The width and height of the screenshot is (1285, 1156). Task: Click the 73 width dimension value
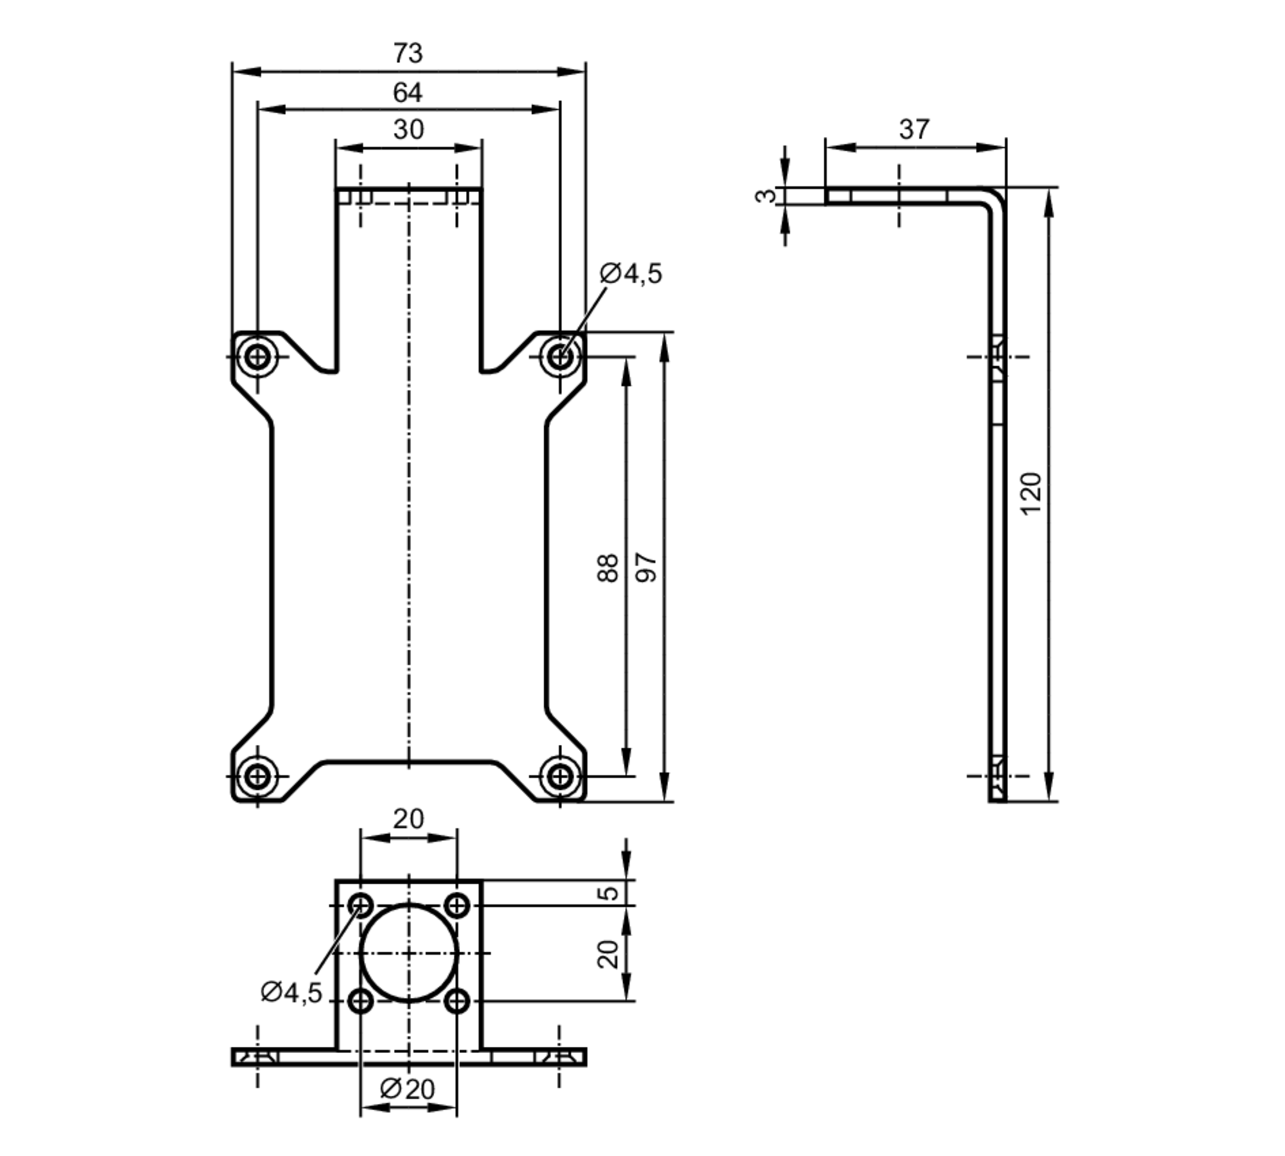pyautogui.click(x=408, y=54)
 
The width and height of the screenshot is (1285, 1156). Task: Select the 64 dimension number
pyautogui.click(x=407, y=93)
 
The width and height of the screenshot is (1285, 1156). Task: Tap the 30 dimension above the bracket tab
pyautogui.click(x=408, y=130)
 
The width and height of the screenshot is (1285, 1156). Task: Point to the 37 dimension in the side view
pyautogui.click(x=914, y=130)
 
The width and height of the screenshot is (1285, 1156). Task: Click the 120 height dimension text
pyautogui.click(x=1031, y=494)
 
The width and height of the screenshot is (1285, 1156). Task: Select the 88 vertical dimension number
pyautogui.click(x=608, y=568)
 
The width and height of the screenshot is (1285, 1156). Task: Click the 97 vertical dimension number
pyautogui.click(x=646, y=568)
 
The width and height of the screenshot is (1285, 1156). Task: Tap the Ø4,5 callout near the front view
pyautogui.click(x=631, y=274)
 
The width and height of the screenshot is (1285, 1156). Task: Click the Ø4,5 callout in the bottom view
pyautogui.click(x=291, y=993)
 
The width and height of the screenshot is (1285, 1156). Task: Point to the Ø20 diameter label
pyautogui.click(x=407, y=1089)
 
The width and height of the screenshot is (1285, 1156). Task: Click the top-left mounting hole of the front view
pyautogui.click(x=258, y=356)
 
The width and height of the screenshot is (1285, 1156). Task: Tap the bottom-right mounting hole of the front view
pyautogui.click(x=560, y=776)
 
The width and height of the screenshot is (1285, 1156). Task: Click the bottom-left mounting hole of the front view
pyautogui.click(x=258, y=776)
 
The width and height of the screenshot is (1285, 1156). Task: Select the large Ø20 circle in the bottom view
pyautogui.click(x=409, y=953)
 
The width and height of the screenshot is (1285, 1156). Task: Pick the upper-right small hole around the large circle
pyautogui.click(x=457, y=906)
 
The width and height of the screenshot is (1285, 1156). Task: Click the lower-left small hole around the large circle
pyautogui.click(x=360, y=1000)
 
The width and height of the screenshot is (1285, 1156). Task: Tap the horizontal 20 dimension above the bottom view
pyautogui.click(x=409, y=819)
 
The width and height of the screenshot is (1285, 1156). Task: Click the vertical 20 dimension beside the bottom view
pyautogui.click(x=608, y=954)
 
